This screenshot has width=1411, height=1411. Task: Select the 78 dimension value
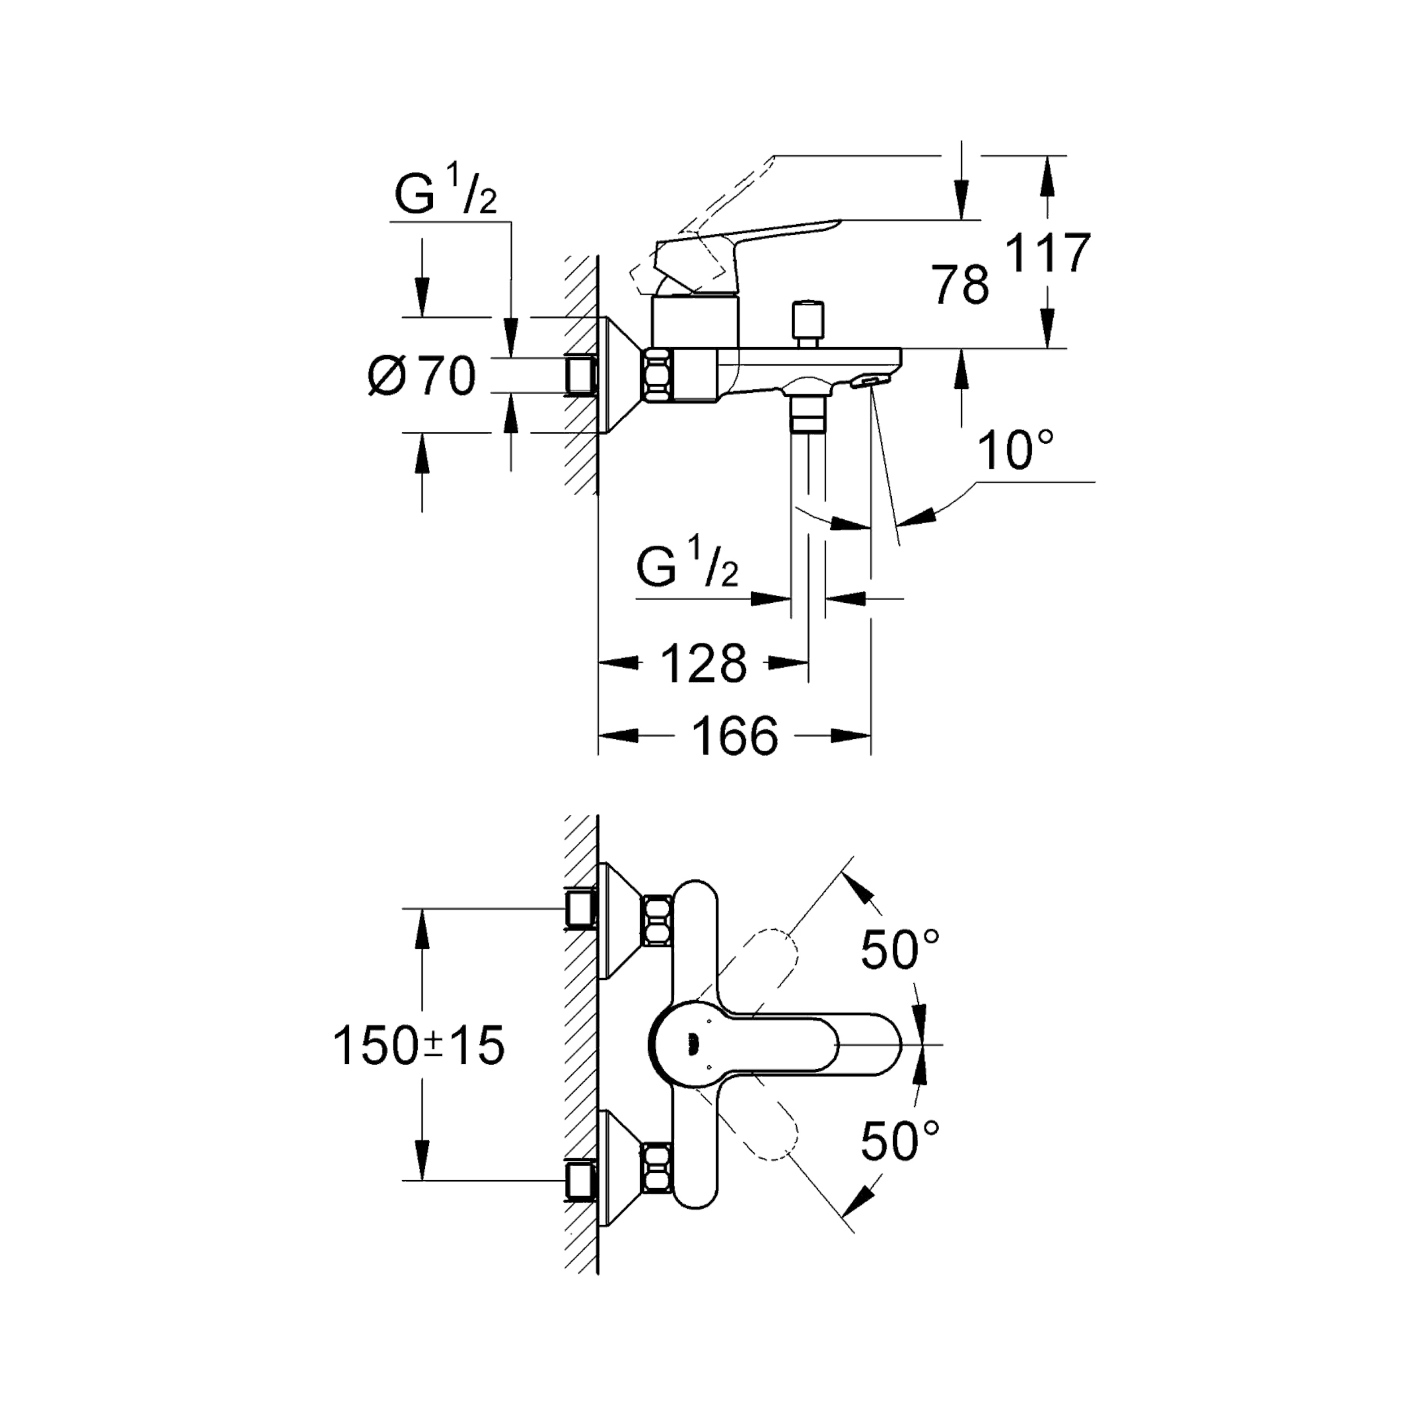(x=961, y=286)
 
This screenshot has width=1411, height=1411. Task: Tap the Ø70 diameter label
(x=422, y=378)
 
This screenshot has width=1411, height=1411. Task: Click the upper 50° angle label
(x=899, y=950)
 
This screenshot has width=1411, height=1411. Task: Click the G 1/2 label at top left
(x=445, y=194)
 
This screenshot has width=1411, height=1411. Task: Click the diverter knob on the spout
(x=808, y=323)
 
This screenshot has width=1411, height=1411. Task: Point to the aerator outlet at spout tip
(x=870, y=380)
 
